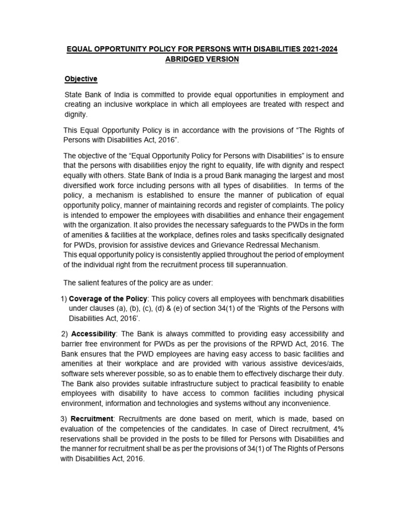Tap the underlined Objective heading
point(80,79)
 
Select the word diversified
point(82,185)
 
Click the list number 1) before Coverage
point(63,298)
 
